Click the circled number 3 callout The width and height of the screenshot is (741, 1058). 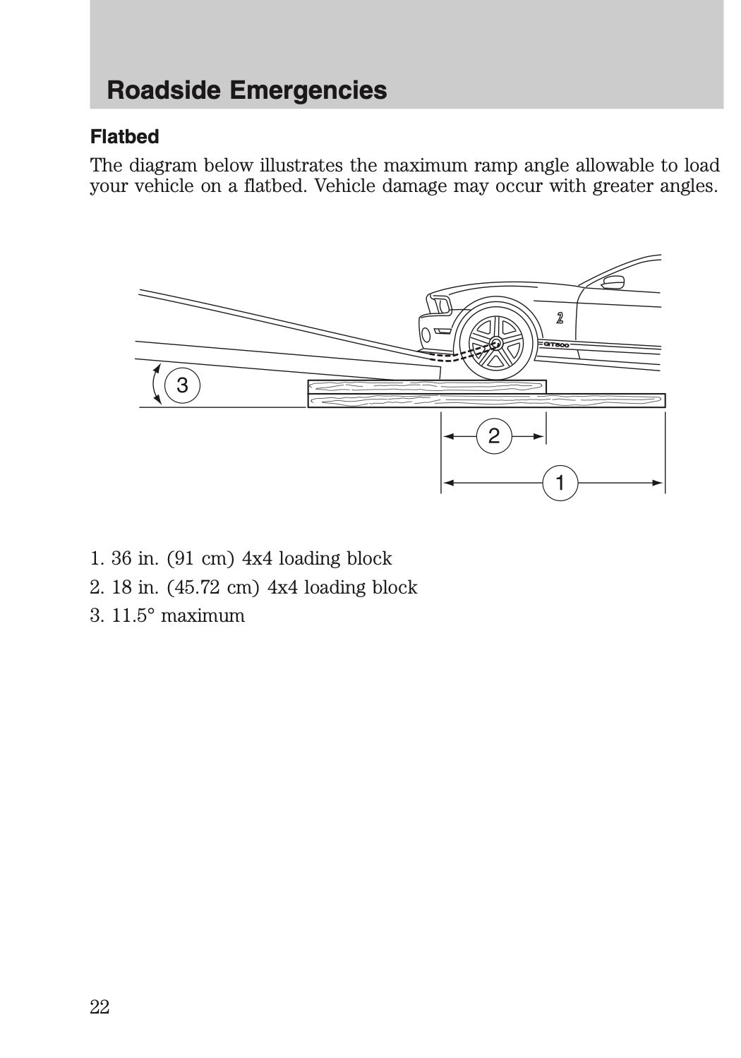tap(182, 386)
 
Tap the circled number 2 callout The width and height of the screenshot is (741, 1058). tap(493, 436)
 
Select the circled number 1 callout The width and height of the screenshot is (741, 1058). tap(560, 483)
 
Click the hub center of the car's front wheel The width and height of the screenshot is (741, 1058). tap(494, 344)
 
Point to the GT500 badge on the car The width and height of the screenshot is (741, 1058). tap(556, 344)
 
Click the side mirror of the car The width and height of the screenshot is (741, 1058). tap(613, 284)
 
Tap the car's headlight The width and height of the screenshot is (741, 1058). tap(438, 305)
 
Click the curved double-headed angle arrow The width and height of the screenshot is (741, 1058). tap(157, 385)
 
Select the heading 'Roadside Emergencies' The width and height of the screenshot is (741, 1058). tap(246, 90)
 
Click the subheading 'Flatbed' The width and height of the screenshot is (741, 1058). tap(124, 136)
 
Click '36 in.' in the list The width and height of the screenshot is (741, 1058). tap(130, 558)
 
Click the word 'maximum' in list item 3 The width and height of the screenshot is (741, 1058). tap(203, 615)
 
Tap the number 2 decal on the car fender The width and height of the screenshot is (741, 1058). tap(559, 318)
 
